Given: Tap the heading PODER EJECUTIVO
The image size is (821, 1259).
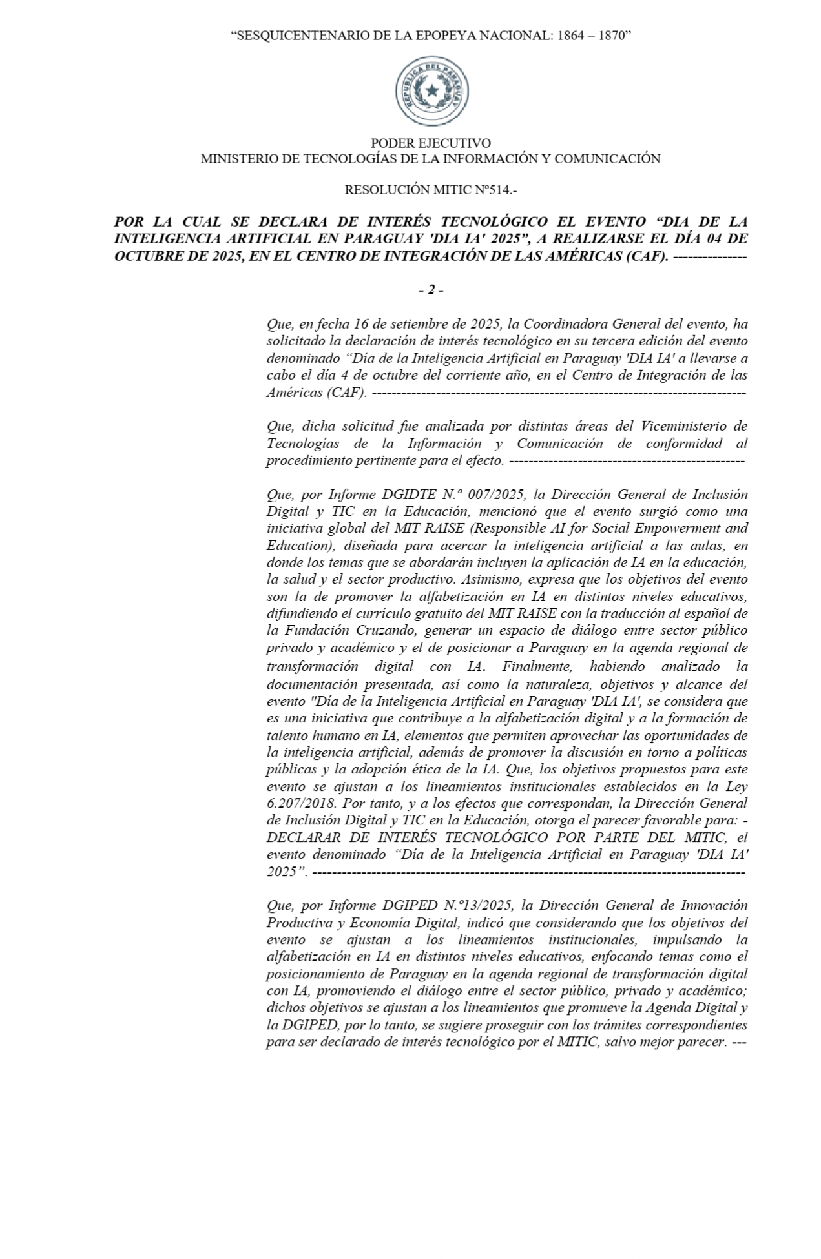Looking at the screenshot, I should pyautogui.click(x=430, y=143).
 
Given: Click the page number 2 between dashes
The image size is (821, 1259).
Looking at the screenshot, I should pyautogui.click(x=431, y=291).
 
